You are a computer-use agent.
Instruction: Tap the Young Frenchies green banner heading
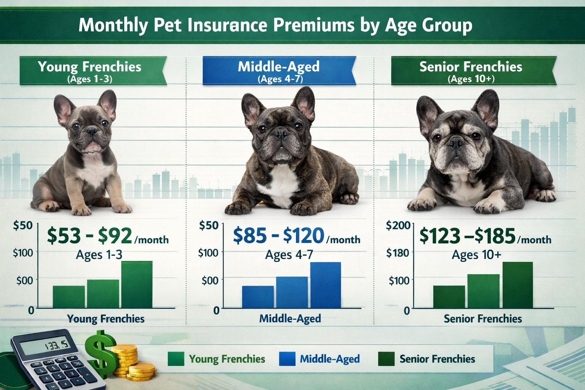coord(90,70)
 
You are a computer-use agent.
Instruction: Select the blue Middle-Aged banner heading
coord(279,70)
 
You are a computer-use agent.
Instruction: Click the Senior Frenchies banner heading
coord(471,70)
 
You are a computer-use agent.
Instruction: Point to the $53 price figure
coord(64,236)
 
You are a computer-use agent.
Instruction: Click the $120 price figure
coord(304,236)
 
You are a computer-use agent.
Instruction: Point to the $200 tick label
coord(398,225)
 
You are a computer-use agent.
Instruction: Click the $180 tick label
coord(398,253)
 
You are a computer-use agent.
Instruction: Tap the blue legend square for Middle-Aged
coord(287,359)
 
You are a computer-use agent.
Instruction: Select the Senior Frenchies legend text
coord(437,359)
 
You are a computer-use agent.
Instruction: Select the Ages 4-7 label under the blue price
coord(289,254)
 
